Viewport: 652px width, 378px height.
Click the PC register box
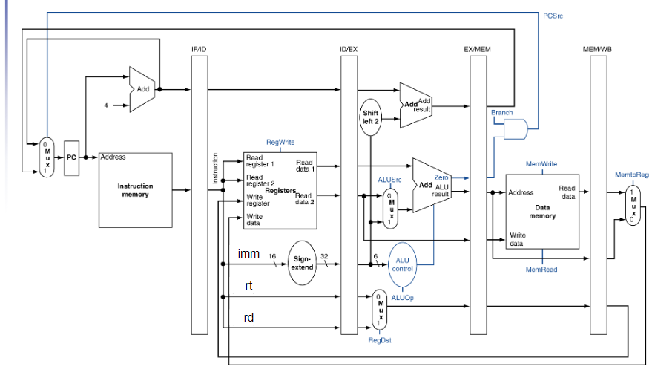coord(72,157)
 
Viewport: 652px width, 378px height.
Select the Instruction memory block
coord(135,190)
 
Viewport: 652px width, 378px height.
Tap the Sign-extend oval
coord(302,263)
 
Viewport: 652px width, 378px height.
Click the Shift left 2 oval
coord(371,117)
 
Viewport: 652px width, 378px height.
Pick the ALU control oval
coord(402,264)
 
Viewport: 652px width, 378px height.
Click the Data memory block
coord(542,212)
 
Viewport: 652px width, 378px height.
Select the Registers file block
coord(280,191)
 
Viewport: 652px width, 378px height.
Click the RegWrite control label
coord(280,141)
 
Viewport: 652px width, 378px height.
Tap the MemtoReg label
coord(632,175)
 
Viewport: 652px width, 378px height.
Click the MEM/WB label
coord(598,49)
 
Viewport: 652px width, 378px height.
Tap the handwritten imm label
coord(248,254)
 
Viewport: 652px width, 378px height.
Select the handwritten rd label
coord(248,318)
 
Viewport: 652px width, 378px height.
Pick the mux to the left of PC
coord(47,157)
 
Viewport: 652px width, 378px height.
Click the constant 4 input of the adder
coord(105,105)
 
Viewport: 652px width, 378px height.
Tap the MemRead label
coord(541,270)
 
